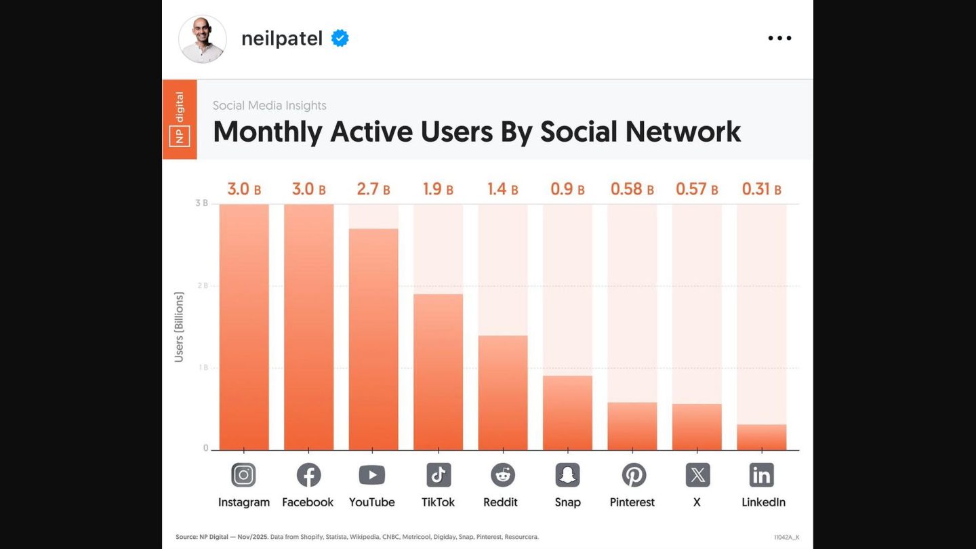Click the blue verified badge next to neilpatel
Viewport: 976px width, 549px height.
click(x=340, y=39)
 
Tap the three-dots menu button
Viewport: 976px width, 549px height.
click(x=779, y=39)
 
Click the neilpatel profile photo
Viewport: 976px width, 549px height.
click(x=203, y=39)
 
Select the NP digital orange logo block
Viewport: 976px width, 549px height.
click(x=180, y=119)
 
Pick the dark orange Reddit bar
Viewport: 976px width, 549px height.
click(x=503, y=392)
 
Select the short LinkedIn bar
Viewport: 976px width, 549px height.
click(x=762, y=437)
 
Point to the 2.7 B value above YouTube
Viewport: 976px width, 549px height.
click(x=373, y=189)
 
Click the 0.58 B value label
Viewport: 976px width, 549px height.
click(x=632, y=189)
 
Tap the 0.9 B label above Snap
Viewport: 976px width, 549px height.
click(x=568, y=189)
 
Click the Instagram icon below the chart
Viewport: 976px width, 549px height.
click(x=243, y=475)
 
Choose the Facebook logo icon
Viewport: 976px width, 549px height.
click(x=308, y=475)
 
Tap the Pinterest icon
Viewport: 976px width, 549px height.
click(x=634, y=475)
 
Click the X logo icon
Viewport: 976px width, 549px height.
click(x=697, y=475)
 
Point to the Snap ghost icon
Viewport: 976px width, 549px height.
click(x=568, y=475)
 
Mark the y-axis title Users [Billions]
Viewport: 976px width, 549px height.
click(x=179, y=327)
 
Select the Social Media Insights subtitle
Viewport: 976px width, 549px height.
click(x=270, y=105)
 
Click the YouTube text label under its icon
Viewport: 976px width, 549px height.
click(x=372, y=502)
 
